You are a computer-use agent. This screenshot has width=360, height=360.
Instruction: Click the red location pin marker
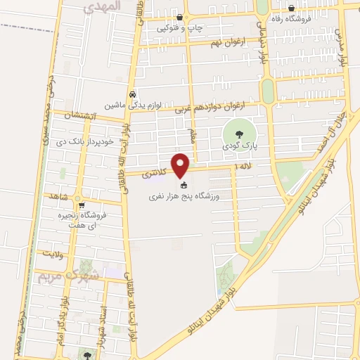click(181, 166)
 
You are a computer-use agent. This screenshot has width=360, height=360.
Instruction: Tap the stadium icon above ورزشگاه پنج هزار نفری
click(184, 186)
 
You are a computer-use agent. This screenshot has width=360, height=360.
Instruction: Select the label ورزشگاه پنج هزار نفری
click(184, 198)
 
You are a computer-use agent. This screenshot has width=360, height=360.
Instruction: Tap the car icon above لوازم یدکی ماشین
click(132, 94)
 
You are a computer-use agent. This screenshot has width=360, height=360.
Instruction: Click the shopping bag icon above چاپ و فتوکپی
click(181, 17)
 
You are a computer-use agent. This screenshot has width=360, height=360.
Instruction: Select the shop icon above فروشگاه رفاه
click(291, 8)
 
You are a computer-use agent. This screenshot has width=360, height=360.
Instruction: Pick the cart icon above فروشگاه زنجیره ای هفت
click(82, 205)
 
